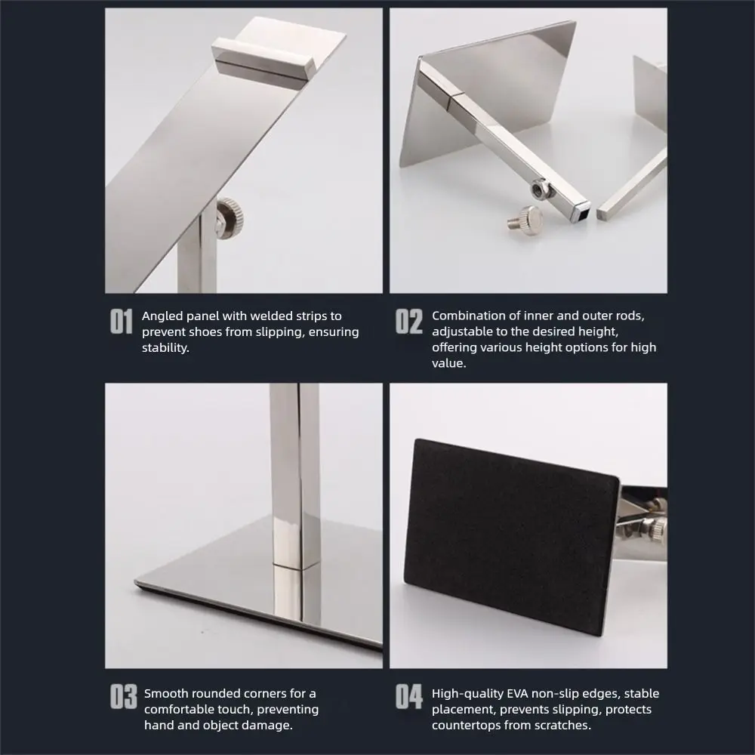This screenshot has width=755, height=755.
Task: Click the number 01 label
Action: (x=122, y=322)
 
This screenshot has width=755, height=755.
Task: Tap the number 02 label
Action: (x=409, y=322)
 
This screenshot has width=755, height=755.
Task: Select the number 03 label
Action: (x=124, y=698)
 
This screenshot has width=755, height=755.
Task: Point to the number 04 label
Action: (x=409, y=698)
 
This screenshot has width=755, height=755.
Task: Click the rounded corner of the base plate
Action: (x=140, y=582)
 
